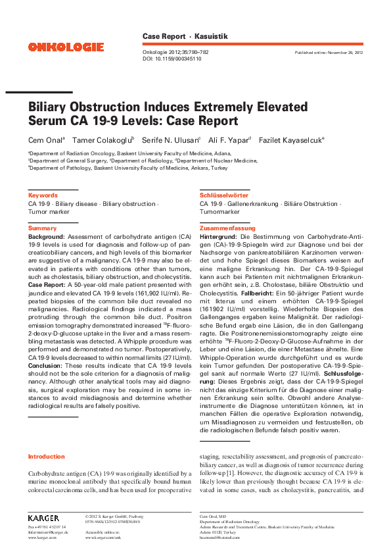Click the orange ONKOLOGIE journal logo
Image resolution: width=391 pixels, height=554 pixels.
66,47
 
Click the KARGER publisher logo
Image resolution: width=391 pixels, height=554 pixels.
43,518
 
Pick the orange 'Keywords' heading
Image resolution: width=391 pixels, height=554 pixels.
42,195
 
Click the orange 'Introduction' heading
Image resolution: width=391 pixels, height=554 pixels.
46,456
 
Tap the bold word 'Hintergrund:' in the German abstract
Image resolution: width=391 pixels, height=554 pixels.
219,236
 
